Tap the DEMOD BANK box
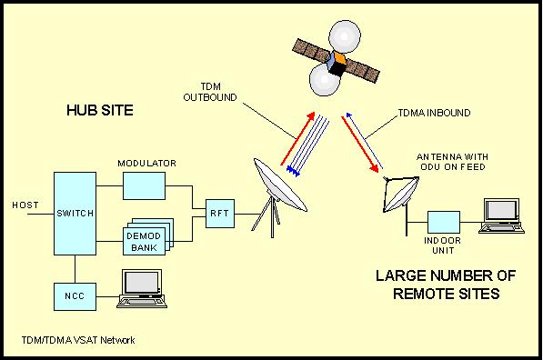coord(142,238)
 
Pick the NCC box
coord(75,295)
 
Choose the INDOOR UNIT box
coord(444,222)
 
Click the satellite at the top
coord(337,62)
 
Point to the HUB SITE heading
coord(100,111)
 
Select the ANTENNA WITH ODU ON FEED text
coord(453,161)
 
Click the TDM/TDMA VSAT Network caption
coord(78,340)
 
